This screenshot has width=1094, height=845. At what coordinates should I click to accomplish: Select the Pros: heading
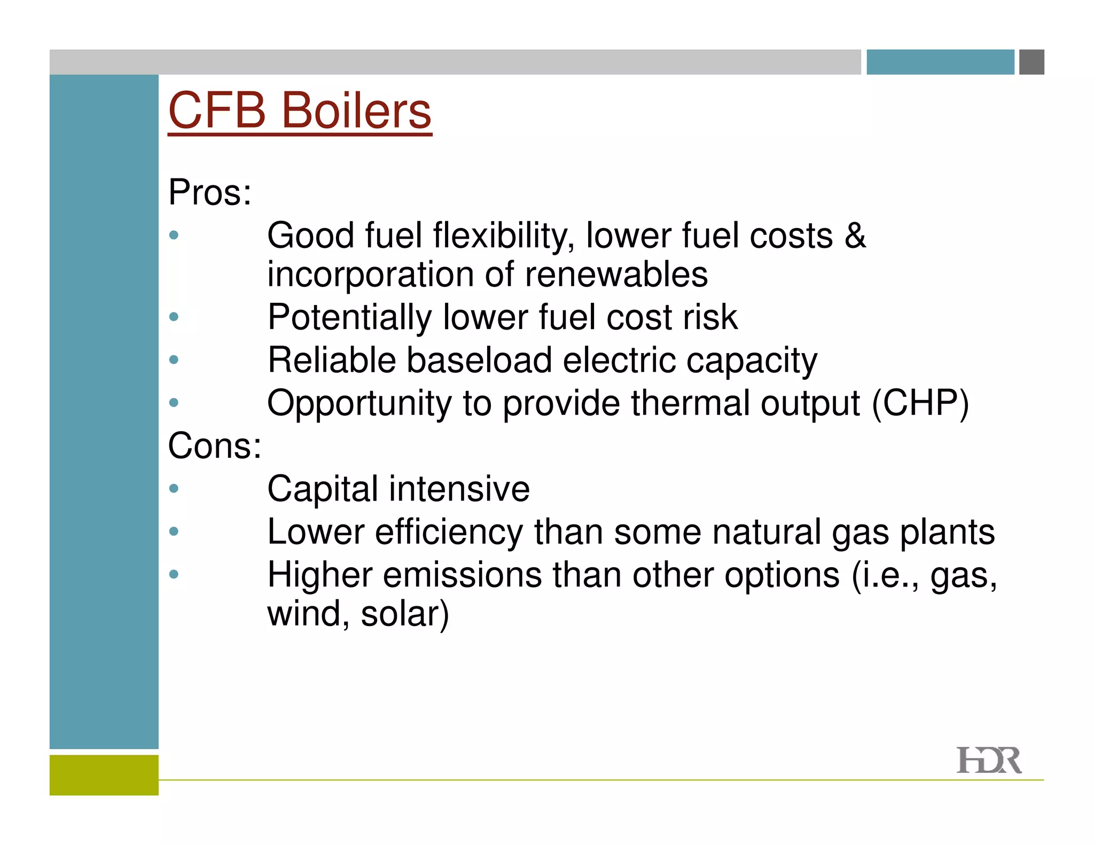coord(209,192)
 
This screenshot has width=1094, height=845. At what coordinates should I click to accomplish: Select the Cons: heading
coord(215,445)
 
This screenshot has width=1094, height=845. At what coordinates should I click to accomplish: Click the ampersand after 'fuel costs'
coord(855,235)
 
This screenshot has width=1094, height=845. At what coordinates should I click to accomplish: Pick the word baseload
coord(479,360)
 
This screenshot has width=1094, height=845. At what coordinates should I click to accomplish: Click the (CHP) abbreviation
coord(920,403)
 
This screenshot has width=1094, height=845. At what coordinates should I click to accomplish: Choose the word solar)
coord(405,614)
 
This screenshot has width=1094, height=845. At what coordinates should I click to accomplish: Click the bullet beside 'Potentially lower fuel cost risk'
coord(174,317)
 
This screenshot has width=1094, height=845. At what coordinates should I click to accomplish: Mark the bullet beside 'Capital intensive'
coord(174,488)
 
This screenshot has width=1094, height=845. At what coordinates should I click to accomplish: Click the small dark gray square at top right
coord(1032,62)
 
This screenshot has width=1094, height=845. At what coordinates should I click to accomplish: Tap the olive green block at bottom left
coord(104,775)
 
